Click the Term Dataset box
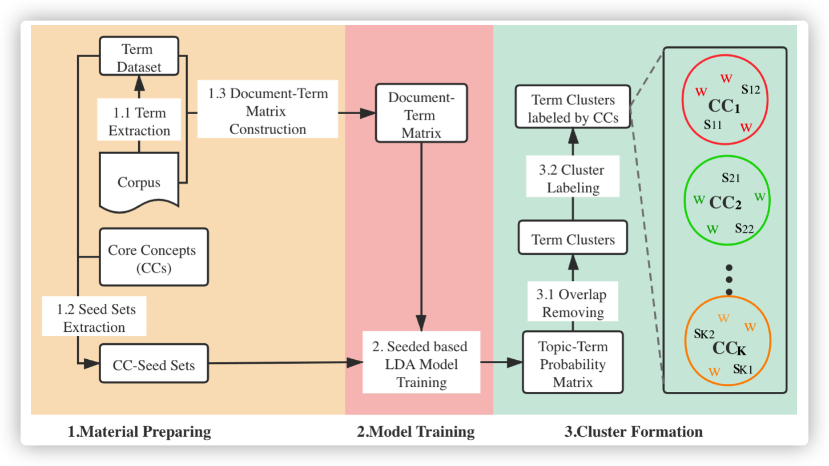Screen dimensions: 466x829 [139, 57]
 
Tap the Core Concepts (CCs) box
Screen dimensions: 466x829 [154, 258]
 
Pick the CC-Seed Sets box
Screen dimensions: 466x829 [154, 364]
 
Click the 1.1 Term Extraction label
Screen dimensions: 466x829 [139, 121]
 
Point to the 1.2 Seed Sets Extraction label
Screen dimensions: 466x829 [94, 318]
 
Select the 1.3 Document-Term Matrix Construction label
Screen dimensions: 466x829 [268, 111]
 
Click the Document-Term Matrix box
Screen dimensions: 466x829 [421, 114]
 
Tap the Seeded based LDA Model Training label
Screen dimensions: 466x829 [421, 364]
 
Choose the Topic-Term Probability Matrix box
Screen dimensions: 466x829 [573, 364]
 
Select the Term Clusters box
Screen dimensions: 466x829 [573, 239]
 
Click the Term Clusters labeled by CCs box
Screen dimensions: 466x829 [573, 109]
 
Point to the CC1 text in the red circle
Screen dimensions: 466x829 [724, 106]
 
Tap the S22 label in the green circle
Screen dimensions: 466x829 [745, 228]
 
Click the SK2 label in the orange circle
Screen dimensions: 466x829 [704, 334]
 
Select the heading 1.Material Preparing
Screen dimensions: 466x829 [139, 431]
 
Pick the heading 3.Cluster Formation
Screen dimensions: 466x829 [634, 431]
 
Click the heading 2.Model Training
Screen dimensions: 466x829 [416, 431]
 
